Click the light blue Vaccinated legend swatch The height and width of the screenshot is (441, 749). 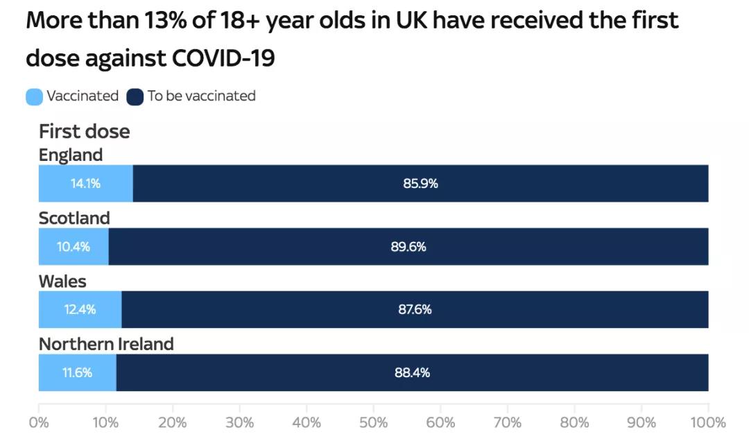pyautogui.click(x=34, y=96)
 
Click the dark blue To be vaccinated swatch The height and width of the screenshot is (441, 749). pyautogui.click(x=135, y=96)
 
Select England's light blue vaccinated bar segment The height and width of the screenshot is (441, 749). pyautogui.click(x=85, y=184)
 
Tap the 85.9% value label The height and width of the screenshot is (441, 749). pyautogui.click(x=420, y=184)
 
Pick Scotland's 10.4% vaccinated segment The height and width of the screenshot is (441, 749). pyautogui.click(x=74, y=247)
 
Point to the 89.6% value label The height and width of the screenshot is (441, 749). pyautogui.click(x=408, y=247)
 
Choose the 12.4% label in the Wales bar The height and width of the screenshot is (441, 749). pyautogui.click(x=80, y=310)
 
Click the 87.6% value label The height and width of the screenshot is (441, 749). pyautogui.click(x=415, y=310)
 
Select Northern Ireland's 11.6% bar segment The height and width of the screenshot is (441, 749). pyautogui.click(x=77, y=373)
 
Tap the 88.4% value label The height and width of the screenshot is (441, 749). pyautogui.click(x=412, y=373)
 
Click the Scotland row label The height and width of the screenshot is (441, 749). pyautogui.click(x=74, y=218)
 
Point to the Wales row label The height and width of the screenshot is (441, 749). pyautogui.click(x=62, y=282)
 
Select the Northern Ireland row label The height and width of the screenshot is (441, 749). pyautogui.click(x=106, y=344)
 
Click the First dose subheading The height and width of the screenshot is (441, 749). pyautogui.click(x=84, y=132)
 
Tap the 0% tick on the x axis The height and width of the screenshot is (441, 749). pyautogui.click(x=39, y=422)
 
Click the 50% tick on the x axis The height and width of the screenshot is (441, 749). pyautogui.click(x=373, y=422)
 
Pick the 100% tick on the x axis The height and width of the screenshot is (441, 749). pyautogui.click(x=707, y=422)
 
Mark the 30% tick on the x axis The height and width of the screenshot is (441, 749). pyautogui.click(x=239, y=422)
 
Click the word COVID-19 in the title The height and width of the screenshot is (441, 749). pyautogui.click(x=221, y=59)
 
